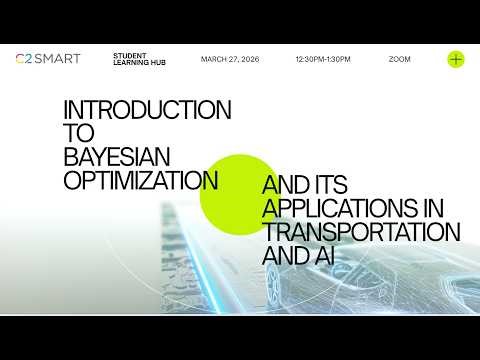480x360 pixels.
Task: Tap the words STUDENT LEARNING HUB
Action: [x=139, y=60]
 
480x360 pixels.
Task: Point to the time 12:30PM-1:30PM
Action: [x=323, y=59]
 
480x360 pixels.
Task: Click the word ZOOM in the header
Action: [x=399, y=59]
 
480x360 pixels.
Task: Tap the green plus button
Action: [x=456, y=59]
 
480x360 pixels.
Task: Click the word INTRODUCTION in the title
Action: [x=147, y=109]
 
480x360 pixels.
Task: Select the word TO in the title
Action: [x=77, y=133]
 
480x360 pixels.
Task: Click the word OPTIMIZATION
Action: [x=141, y=181]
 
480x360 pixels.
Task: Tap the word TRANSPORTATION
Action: [x=361, y=232]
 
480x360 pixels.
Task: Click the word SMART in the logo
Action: [x=51, y=59]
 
